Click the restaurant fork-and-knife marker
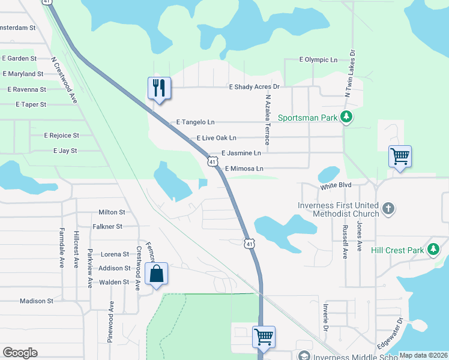click(x=159, y=88)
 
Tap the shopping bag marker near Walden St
click(x=156, y=274)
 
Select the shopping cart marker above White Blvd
click(x=400, y=157)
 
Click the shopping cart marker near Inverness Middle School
click(x=264, y=337)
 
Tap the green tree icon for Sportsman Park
click(x=346, y=117)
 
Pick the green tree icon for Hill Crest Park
click(x=432, y=250)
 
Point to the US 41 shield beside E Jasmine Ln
click(x=212, y=161)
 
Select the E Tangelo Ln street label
click(x=195, y=122)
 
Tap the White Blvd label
click(x=335, y=187)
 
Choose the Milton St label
click(x=112, y=212)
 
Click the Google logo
click(x=20, y=353)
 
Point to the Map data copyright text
click(x=423, y=355)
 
